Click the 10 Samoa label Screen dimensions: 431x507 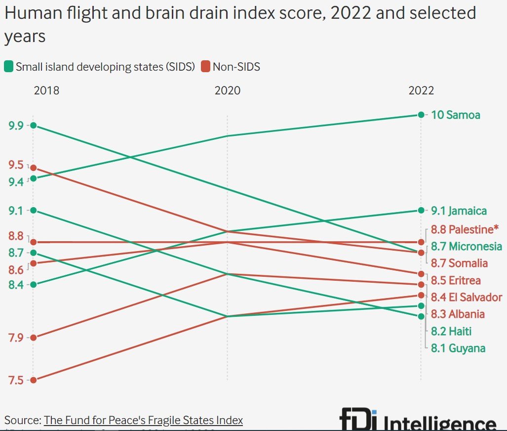pos(455,115)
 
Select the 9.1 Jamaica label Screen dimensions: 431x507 pos(459,211)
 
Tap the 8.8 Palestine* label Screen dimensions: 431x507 pos(462,229)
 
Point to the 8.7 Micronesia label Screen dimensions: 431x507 pos(466,246)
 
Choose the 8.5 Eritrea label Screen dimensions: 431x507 pos(456,280)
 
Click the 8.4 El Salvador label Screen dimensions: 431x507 pos(466,297)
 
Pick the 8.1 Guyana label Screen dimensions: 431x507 pos(458,348)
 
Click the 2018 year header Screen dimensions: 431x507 pos(46,90)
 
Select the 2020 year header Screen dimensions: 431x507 pos(227,90)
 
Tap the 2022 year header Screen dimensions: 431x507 pos(421,90)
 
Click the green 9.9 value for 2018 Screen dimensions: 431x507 pos(16,126)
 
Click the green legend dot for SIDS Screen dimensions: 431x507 pos(9,67)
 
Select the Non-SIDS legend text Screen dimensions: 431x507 pos(236,67)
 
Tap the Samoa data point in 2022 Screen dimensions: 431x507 pos(421,115)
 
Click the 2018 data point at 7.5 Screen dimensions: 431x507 pos(33,380)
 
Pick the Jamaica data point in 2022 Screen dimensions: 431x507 pos(421,211)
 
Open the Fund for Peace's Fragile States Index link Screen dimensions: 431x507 pos(143,421)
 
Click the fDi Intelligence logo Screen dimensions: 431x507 pos(418,421)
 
